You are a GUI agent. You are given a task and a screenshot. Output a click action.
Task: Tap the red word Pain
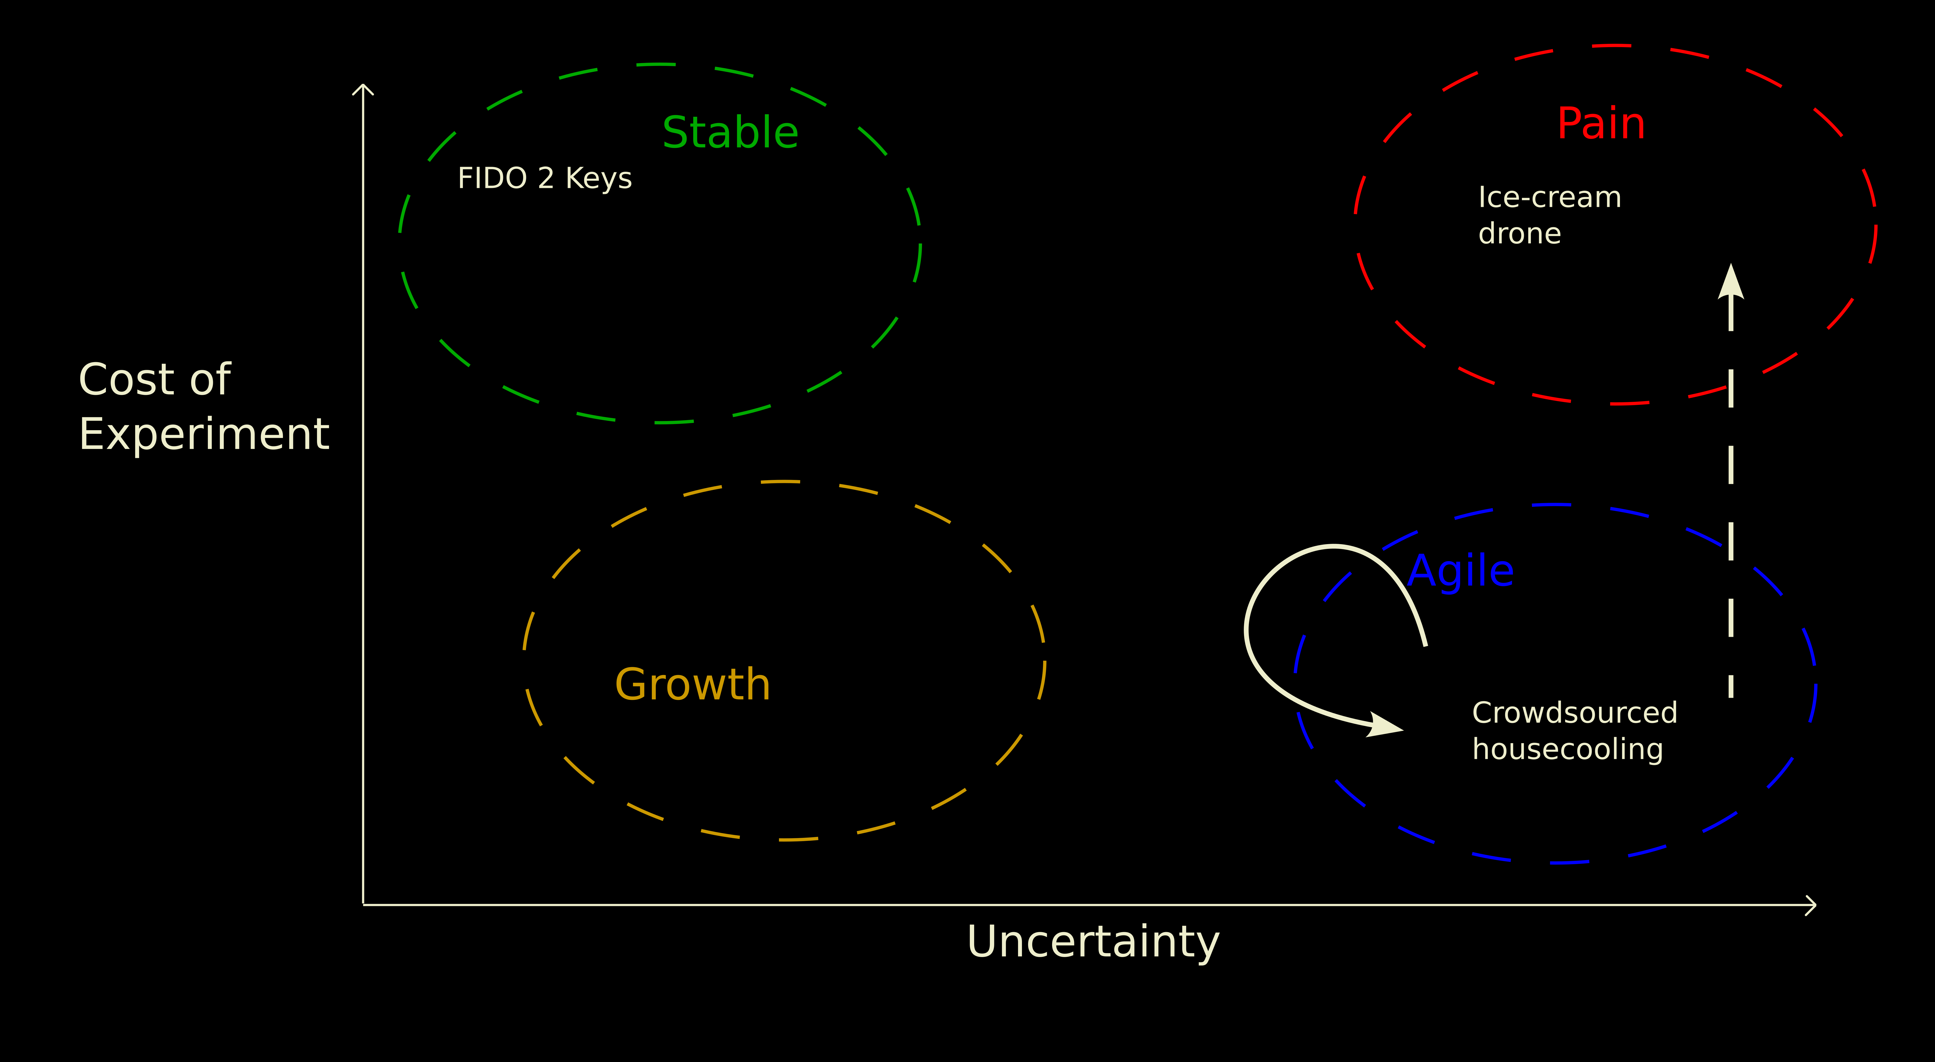pyautogui.click(x=1601, y=124)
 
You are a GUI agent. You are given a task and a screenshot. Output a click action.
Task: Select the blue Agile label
pyautogui.click(x=1460, y=572)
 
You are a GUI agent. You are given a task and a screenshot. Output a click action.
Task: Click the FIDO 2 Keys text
pyautogui.click(x=544, y=179)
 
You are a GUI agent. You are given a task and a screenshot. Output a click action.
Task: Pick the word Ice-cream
pyautogui.click(x=1550, y=198)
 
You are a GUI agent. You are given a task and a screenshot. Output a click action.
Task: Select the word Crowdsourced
pyautogui.click(x=1575, y=713)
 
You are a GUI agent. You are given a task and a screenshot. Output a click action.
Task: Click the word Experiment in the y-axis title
pyautogui.click(x=204, y=434)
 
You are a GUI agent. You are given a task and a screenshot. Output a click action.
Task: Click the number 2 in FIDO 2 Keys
pyautogui.click(x=546, y=179)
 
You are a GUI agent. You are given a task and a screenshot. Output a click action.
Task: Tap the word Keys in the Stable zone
pyautogui.click(x=599, y=179)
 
